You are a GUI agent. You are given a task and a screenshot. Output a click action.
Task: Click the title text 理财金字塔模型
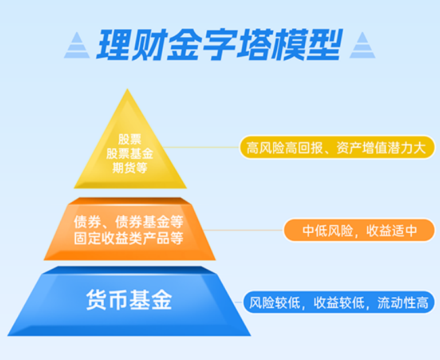pos(219,45)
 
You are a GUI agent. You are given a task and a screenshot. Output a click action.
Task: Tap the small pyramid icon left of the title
pos(77,45)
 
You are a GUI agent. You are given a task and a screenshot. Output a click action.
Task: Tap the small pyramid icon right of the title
pos(363,45)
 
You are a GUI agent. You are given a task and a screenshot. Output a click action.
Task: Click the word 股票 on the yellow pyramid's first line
pos(129,139)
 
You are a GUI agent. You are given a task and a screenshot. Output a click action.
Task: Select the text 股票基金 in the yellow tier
pos(129,154)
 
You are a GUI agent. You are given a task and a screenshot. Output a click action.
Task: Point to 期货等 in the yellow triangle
pos(129,168)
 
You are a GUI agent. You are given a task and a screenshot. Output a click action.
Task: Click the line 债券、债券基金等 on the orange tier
pos(129,222)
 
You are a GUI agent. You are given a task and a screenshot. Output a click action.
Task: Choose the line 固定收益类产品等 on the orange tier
pos(129,238)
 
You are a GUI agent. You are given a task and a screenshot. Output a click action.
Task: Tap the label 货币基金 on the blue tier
pos(129,300)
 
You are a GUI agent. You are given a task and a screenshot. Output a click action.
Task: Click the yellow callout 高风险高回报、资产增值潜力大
pos(337,147)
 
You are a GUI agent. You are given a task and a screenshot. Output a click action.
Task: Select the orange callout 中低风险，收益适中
pos(359,231)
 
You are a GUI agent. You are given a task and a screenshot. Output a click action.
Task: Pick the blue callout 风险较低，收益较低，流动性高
pos(339,302)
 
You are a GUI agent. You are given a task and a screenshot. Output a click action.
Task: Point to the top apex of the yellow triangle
pos(127,89)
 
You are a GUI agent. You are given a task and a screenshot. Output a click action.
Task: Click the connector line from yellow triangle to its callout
pos(201,147)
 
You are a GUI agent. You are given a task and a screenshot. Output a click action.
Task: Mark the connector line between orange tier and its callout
pos(244,231)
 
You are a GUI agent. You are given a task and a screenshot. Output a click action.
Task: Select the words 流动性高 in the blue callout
pos(403,303)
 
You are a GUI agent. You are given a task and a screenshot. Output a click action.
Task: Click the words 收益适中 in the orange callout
pos(391,231)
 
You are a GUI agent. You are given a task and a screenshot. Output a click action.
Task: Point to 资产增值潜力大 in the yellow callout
pos(381,148)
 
